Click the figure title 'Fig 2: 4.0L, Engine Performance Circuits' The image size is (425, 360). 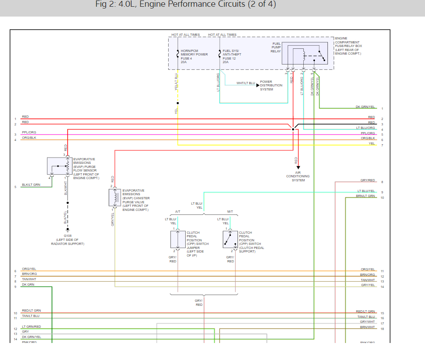[185, 5]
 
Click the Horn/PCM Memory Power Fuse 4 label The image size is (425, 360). [194, 56]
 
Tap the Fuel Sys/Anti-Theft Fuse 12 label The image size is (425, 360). [232, 56]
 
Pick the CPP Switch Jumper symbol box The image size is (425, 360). [178, 240]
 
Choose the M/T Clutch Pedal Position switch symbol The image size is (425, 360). [230, 240]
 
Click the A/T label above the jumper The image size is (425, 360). [178, 211]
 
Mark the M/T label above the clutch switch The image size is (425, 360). [230, 211]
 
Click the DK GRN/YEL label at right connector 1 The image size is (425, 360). [365, 107]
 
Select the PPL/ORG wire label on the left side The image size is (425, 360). [29, 133]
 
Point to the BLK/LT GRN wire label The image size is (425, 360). [31, 185]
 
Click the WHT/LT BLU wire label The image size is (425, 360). [246, 83]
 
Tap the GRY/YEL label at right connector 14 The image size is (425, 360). [368, 285]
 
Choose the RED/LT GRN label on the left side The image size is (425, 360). [31, 311]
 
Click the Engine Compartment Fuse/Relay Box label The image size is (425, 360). [348, 46]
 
